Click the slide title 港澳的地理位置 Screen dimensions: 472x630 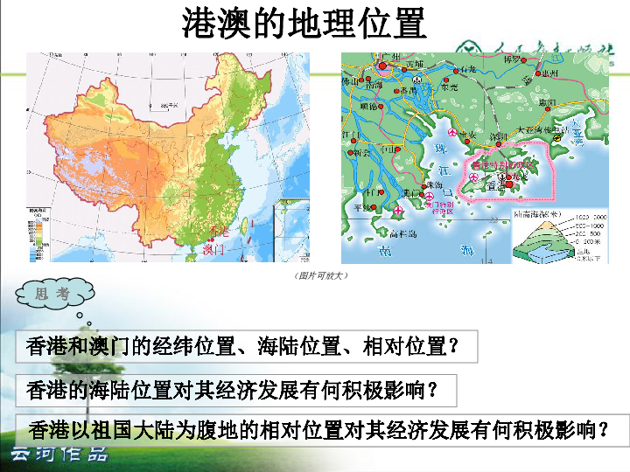click(304, 24)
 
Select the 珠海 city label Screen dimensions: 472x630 click(432, 185)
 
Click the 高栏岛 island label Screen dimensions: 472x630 click(403, 233)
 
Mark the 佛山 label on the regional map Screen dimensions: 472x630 click(350, 81)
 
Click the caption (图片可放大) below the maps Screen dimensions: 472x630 click(316, 275)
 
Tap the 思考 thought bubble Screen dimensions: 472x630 click(52, 294)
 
